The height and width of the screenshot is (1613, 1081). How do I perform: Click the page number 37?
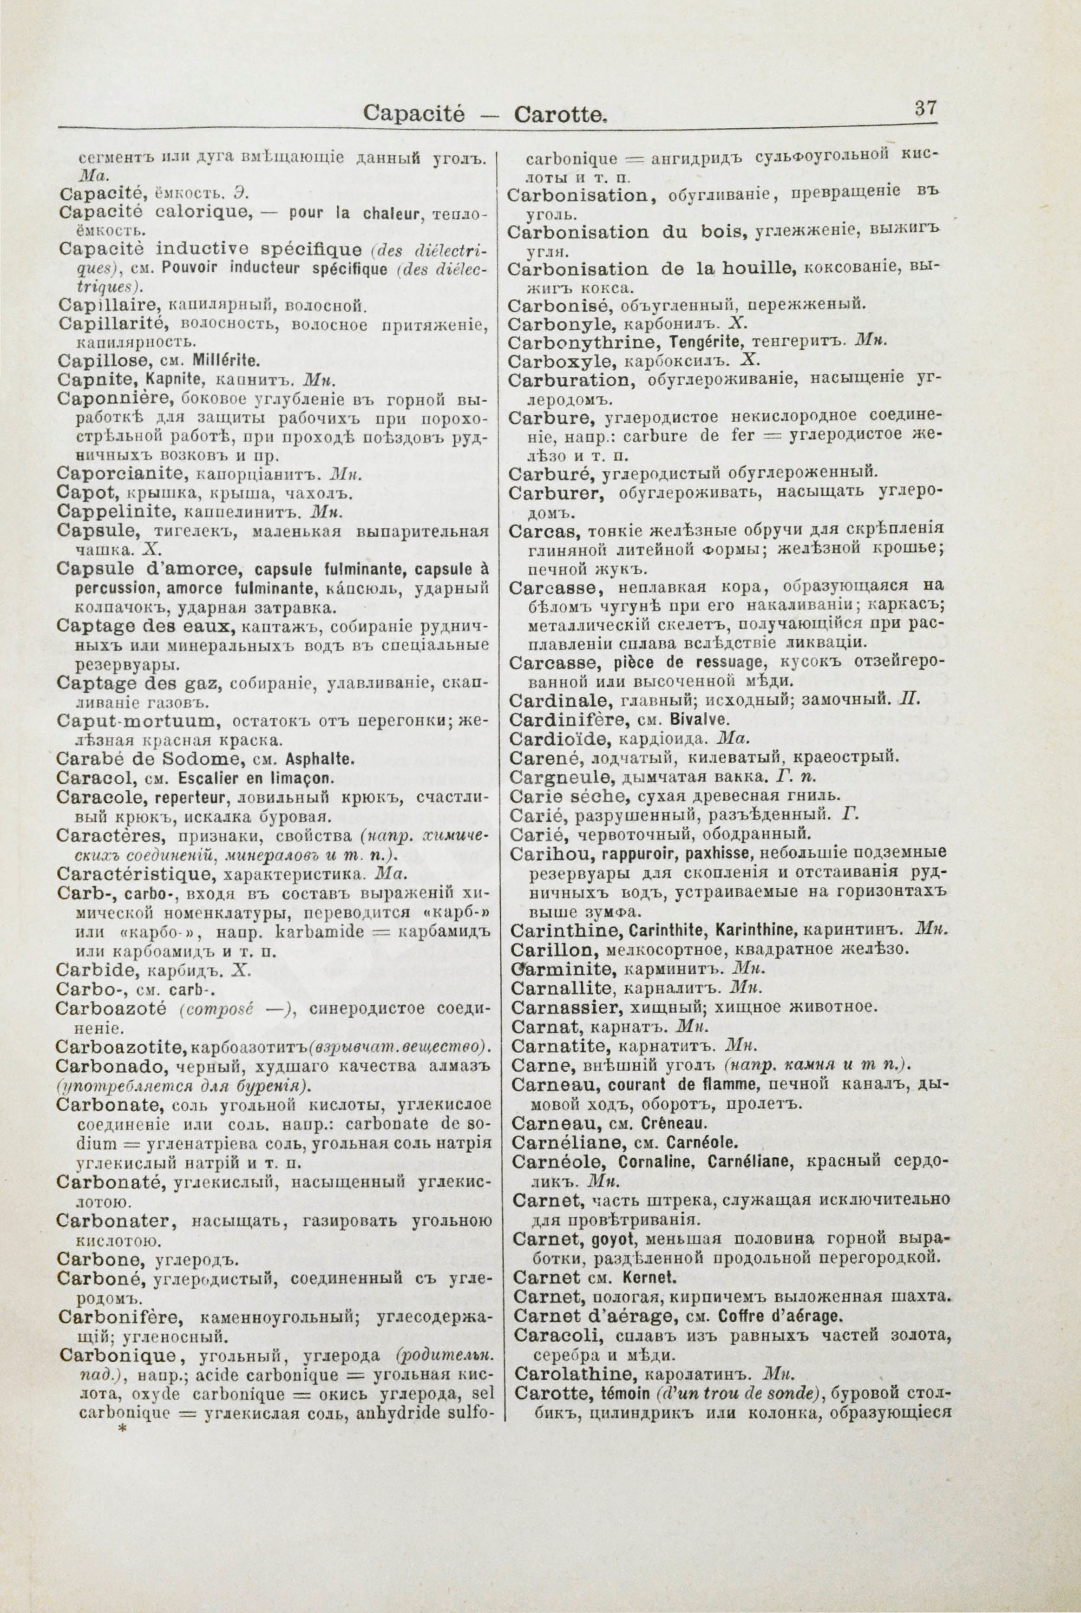click(x=925, y=109)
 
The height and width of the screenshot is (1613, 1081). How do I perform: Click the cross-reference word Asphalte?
click(x=324, y=761)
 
